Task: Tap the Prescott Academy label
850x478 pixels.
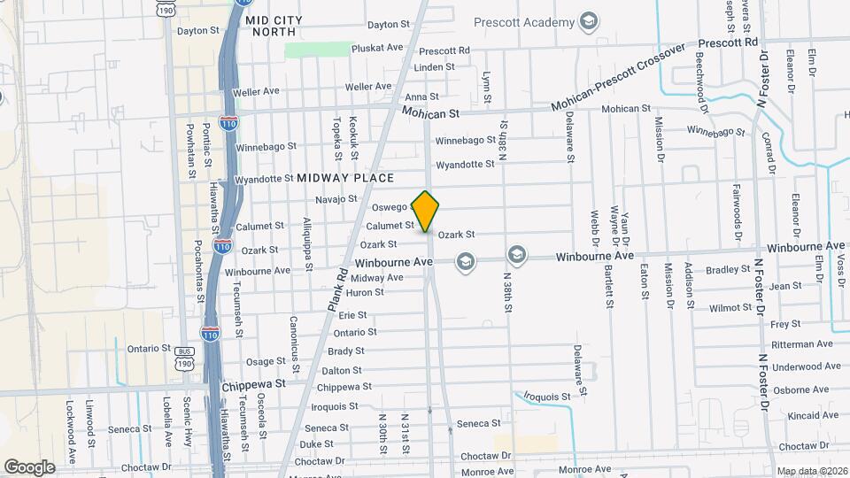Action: [x=524, y=21]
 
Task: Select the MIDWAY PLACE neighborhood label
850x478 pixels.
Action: [x=345, y=178]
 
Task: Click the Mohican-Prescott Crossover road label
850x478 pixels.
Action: [x=619, y=77]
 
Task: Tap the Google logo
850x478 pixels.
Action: [x=29, y=466]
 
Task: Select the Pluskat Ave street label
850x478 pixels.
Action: [x=377, y=49]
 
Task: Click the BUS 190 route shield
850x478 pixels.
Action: [x=184, y=357]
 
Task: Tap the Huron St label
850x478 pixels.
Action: [x=366, y=292]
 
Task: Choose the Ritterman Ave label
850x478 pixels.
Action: [x=802, y=343]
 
